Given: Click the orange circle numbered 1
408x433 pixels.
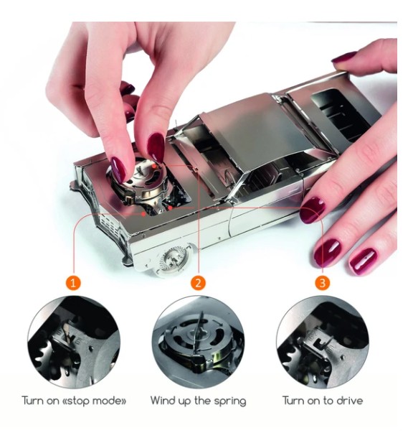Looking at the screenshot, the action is click(73, 283).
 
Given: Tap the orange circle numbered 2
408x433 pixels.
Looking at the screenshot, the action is click(198, 283).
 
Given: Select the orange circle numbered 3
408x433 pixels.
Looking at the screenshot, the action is click(322, 283).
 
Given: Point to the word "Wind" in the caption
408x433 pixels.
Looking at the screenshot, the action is click(163, 400).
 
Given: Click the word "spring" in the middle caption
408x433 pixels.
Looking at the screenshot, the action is click(229, 401).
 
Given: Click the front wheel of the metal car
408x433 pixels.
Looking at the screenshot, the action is click(174, 260).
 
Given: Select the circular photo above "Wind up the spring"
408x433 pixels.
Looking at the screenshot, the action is click(198, 342).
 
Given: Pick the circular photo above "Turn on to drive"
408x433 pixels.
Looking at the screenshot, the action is click(322, 342).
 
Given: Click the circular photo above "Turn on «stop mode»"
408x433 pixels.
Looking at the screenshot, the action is click(73, 342).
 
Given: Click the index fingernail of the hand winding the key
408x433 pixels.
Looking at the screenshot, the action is click(156, 147).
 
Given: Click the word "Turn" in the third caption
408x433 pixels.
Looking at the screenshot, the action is click(293, 400).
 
